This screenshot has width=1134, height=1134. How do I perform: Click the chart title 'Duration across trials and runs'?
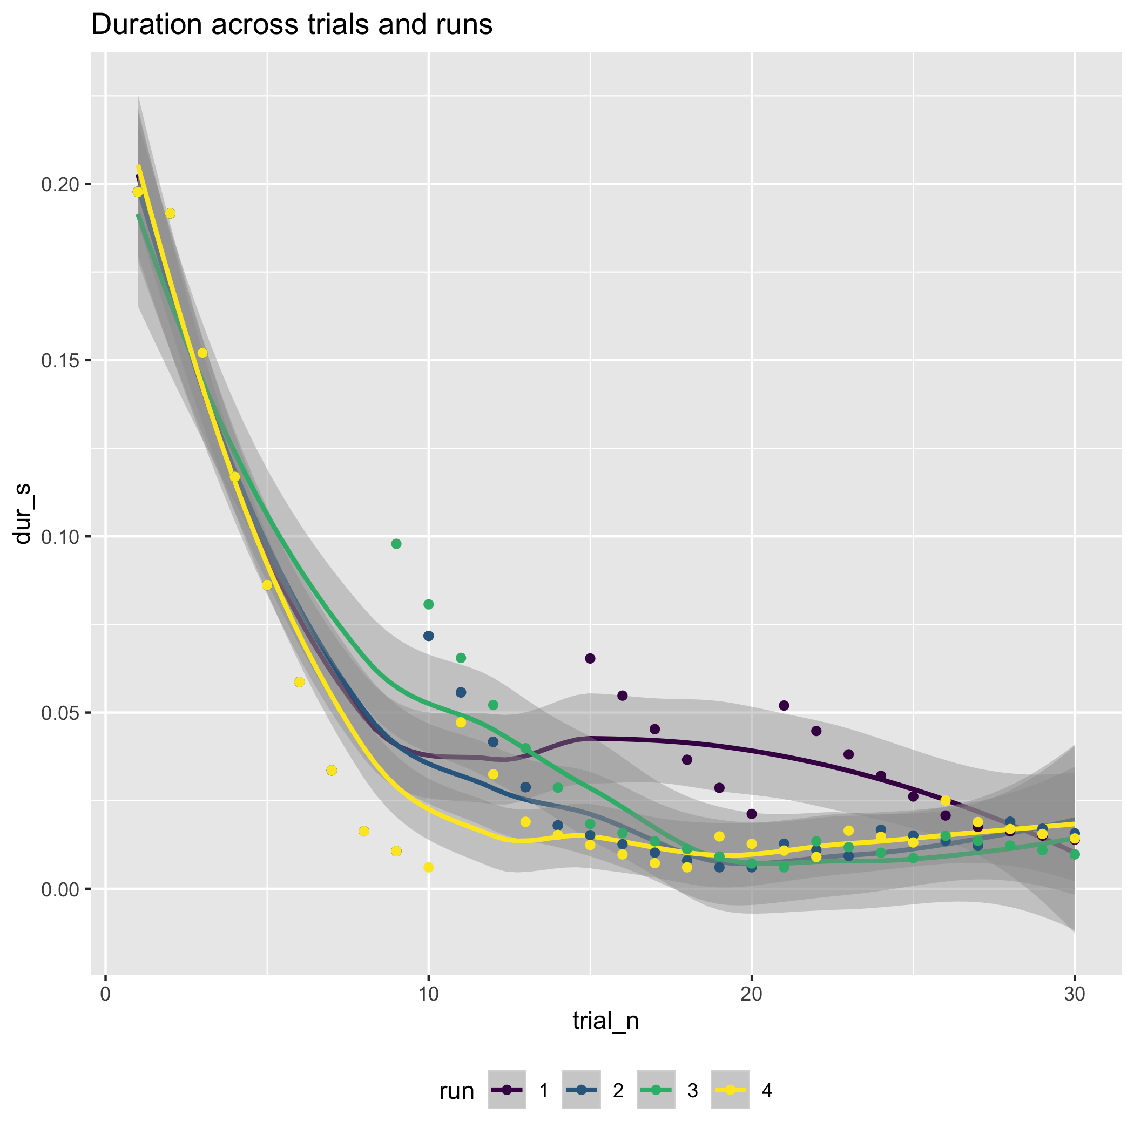click(x=292, y=25)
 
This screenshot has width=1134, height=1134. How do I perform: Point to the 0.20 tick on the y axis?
click(x=60, y=184)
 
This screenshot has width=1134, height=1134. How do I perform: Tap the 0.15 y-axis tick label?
click(x=60, y=360)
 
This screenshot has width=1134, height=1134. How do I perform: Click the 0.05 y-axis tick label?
click(x=60, y=713)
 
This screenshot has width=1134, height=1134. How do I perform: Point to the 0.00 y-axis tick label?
click(x=60, y=889)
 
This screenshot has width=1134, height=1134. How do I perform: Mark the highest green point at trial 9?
click(x=396, y=544)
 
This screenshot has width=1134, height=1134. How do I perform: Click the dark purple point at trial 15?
click(x=590, y=659)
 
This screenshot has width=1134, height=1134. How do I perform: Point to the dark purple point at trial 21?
click(x=784, y=705)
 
